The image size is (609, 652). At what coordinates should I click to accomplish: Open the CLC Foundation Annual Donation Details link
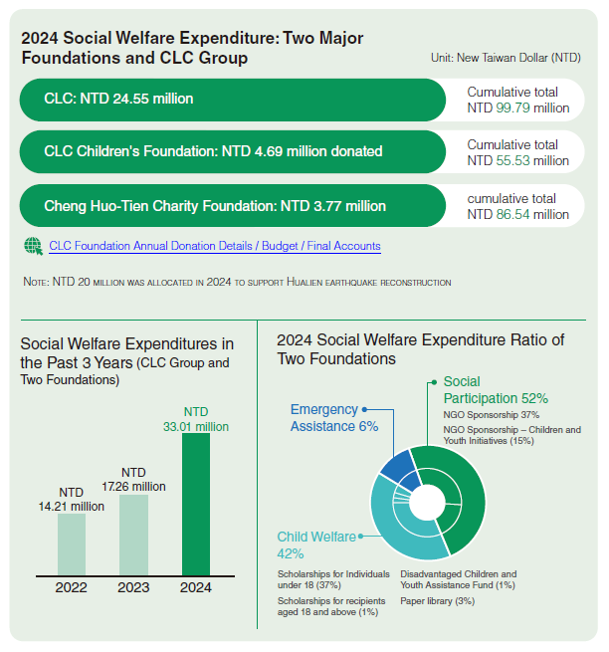tap(214, 245)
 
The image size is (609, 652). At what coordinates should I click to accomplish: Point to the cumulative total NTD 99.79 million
tap(517, 100)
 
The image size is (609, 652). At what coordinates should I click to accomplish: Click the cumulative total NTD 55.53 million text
tap(517, 152)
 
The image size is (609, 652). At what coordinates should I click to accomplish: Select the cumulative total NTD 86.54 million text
tap(517, 206)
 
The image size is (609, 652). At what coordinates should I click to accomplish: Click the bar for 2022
tap(72, 543)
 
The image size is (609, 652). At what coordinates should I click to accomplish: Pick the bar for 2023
tap(133, 535)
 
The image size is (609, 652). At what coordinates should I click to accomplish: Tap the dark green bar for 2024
tap(196, 504)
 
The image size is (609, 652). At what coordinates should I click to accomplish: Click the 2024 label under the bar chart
tap(196, 587)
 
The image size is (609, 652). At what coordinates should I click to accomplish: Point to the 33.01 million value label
tap(196, 419)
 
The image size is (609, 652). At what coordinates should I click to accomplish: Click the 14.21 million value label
tap(72, 499)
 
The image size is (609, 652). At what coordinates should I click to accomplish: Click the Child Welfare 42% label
tap(316, 544)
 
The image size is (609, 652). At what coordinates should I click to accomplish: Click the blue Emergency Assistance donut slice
tap(399, 467)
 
